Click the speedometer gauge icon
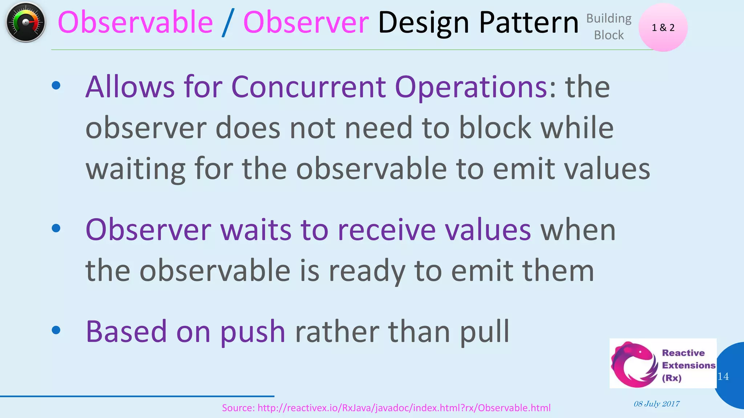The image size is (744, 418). click(x=25, y=22)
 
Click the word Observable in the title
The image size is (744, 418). click(x=135, y=22)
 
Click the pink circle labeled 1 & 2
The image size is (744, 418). click(x=663, y=28)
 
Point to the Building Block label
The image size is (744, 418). click(x=609, y=26)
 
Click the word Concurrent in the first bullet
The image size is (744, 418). click(x=308, y=87)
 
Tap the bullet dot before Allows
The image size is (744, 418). click(x=56, y=86)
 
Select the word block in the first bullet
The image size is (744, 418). click(x=495, y=128)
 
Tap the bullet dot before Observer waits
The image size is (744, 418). click(x=56, y=228)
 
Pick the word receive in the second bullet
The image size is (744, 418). click(x=387, y=230)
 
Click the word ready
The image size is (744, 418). click(x=367, y=271)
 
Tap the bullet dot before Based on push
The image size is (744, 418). click(x=56, y=330)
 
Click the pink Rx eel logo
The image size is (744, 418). click(x=634, y=364)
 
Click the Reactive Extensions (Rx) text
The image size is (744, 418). click(x=688, y=365)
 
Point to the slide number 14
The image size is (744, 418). click(x=723, y=376)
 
